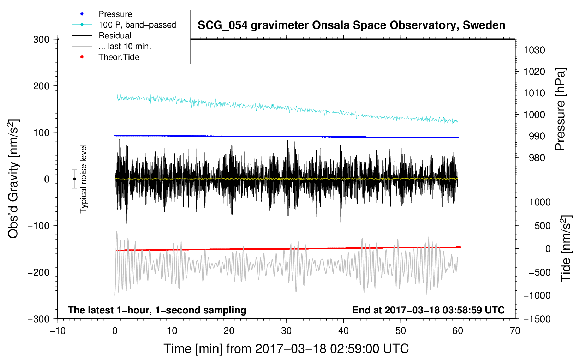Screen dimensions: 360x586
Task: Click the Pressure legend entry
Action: [115, 14]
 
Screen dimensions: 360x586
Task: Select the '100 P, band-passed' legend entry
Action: [137, 25]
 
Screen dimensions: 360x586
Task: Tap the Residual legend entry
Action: [115, 36]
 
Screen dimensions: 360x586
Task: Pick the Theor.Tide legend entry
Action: [119, 57]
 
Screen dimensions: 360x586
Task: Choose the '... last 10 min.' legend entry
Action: [125, 46]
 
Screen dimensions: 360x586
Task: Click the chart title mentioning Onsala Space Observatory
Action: [351, 25]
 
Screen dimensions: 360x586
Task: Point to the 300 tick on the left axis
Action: [41, 39]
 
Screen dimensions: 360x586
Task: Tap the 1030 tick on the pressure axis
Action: [534, 50]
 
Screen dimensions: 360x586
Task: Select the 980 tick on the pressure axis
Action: [537, 158]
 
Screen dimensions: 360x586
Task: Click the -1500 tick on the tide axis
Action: [537, 319]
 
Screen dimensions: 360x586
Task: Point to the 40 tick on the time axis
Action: [343, 331]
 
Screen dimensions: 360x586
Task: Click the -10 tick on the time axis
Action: [58, 331]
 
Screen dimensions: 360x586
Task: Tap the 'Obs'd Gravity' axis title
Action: [13, 179]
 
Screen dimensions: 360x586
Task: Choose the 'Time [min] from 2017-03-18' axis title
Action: [286, 349]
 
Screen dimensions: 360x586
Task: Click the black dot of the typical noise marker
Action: [74, 179]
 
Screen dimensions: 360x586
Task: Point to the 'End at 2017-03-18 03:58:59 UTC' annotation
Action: [428, 310]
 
